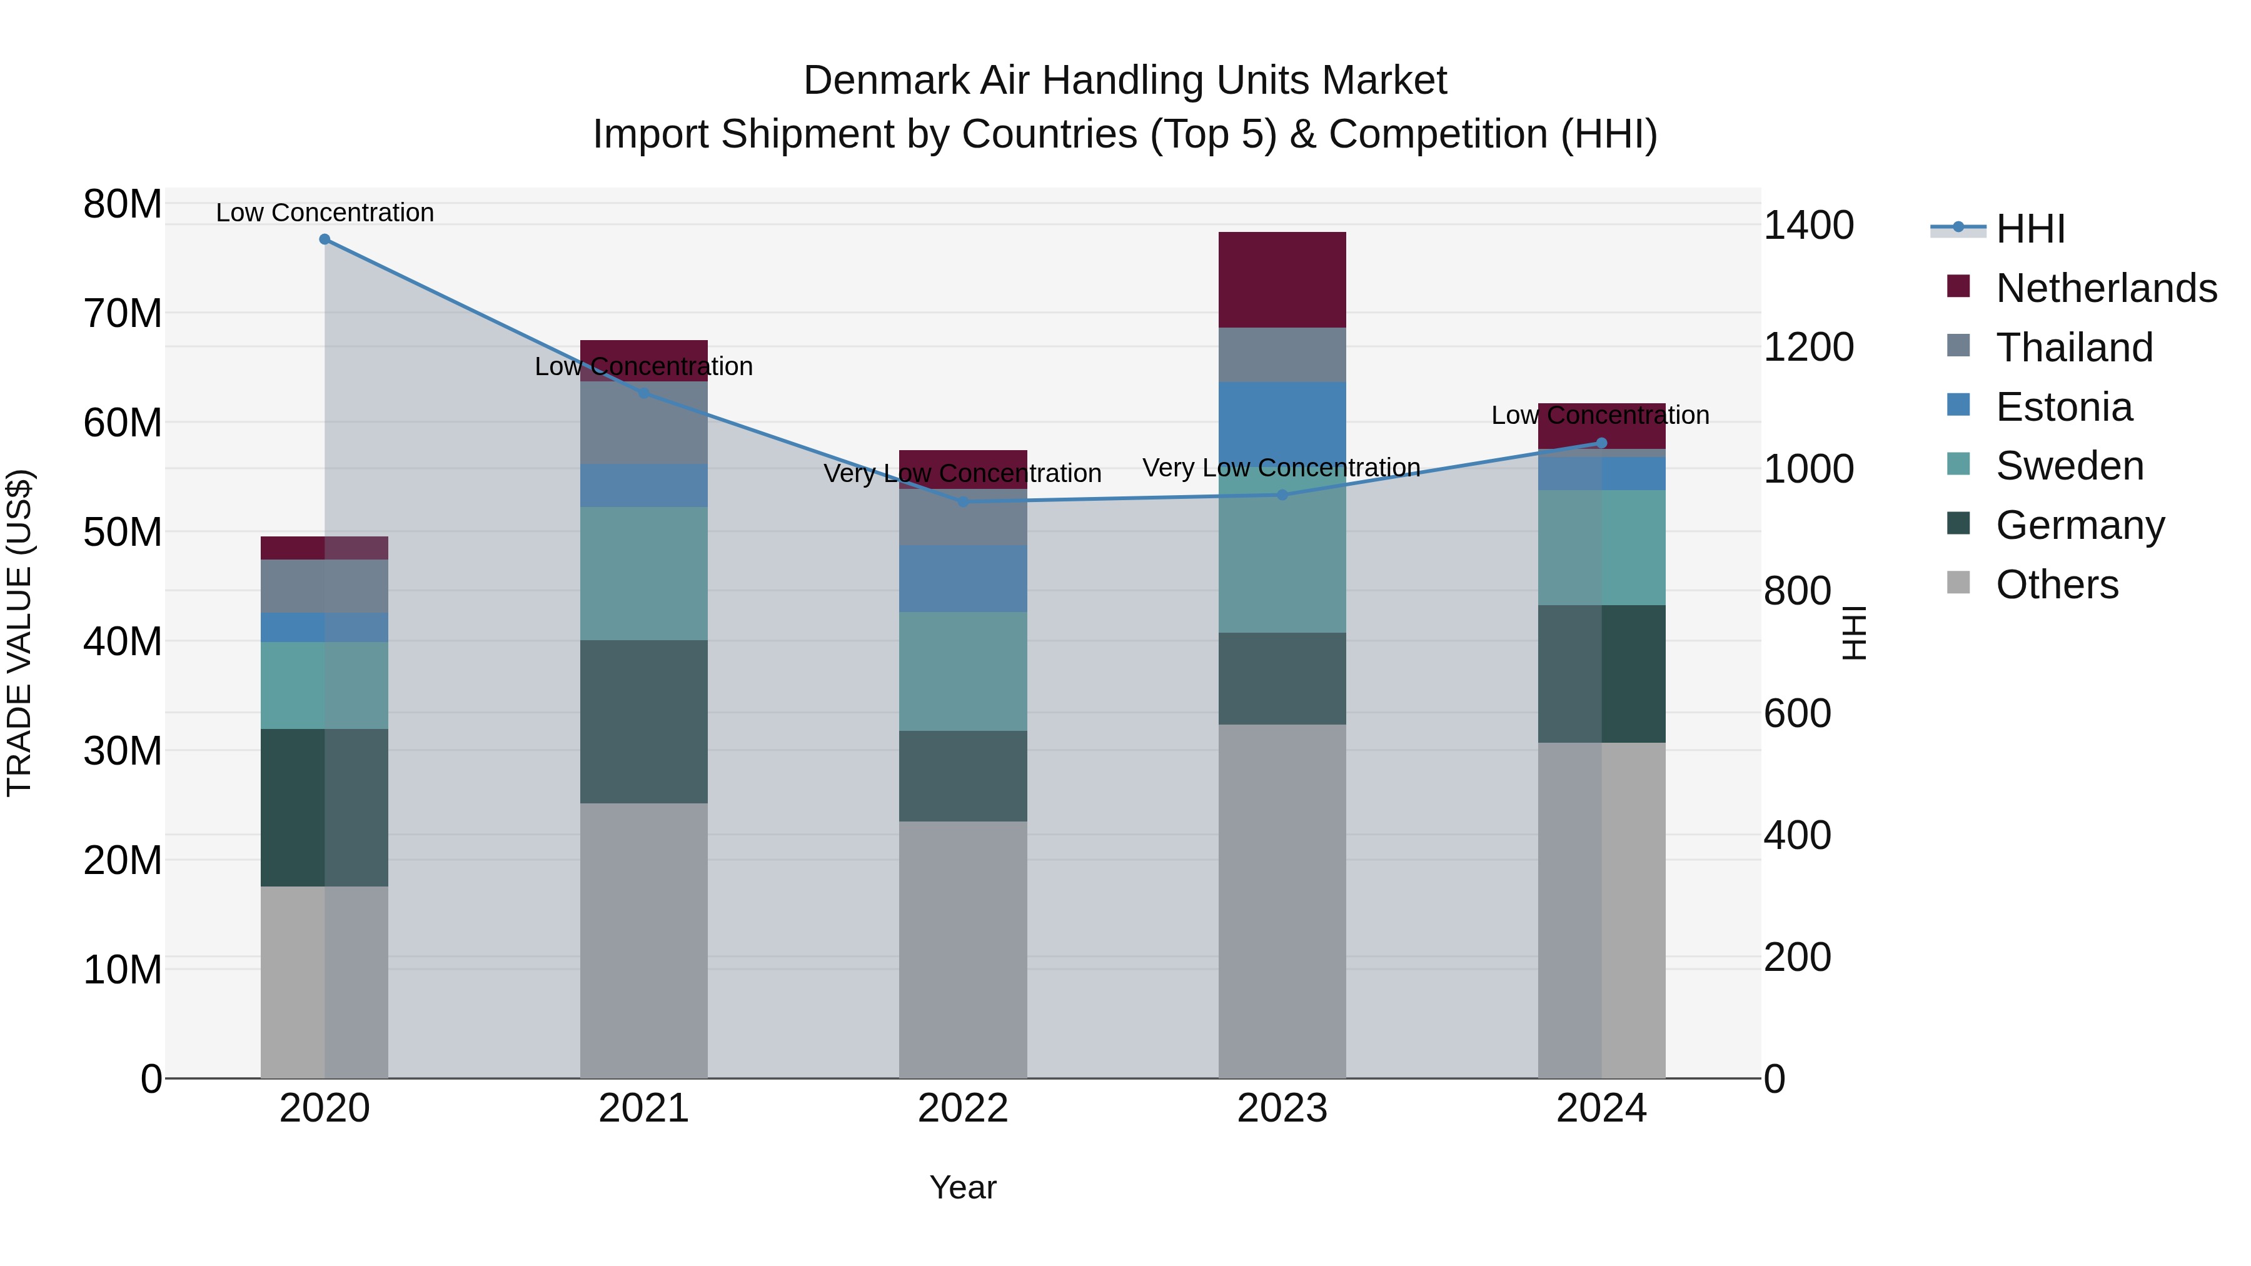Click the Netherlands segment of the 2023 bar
point(1282,279)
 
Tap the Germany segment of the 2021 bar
point(643,721)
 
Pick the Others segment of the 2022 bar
point(963,949)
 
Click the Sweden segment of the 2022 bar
point(963,671)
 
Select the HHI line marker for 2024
point(1601,443)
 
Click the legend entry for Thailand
point(2073,348)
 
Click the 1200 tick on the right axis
point(1807,348)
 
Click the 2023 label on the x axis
point(1282,1108)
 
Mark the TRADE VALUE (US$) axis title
point(19,633)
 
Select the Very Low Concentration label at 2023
point(1281,468)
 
